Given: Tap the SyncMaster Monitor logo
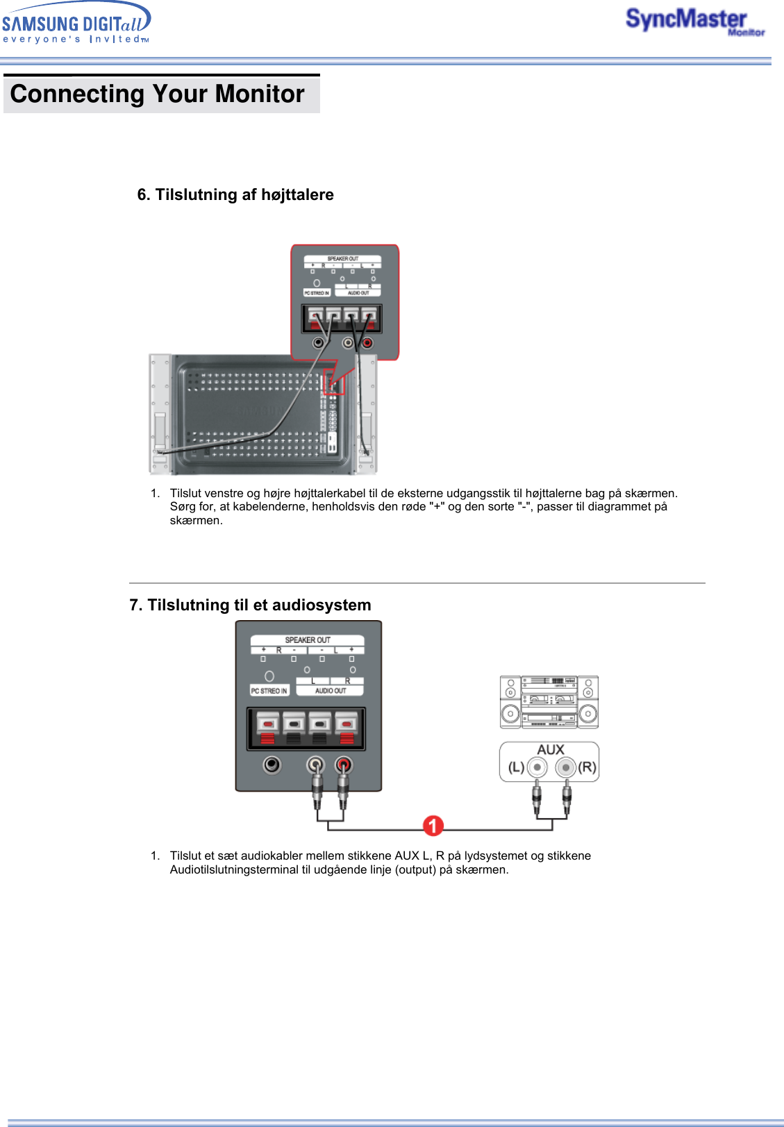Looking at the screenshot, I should (x=694, y=21).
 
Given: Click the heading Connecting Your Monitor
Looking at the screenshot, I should (x=158, y=94).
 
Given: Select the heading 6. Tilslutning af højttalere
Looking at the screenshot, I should (x=235, y=194).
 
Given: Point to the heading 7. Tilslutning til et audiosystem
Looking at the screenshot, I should (x=250, y=605).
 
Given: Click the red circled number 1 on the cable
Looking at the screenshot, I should (x=433, y=826).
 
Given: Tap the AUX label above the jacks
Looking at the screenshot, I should (x=550, y=750).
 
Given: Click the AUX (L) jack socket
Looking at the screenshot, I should (x=537, y=767).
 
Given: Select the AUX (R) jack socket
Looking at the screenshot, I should (x=566, y=767).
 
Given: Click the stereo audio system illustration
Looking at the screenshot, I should (x=549, y=702).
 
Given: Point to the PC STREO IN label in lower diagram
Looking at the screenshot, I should (x=269, y=691).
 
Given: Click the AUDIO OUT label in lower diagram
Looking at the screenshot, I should (x=331, y=691).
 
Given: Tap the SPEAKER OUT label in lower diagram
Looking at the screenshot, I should (x=308, y=640).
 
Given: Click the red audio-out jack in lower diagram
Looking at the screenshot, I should (x=344, y=765).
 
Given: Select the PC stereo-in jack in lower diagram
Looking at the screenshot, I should (x=272, y=765).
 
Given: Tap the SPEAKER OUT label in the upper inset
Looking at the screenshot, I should (x=343, y=259).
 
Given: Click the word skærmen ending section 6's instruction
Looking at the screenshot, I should (x=196, y=520).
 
